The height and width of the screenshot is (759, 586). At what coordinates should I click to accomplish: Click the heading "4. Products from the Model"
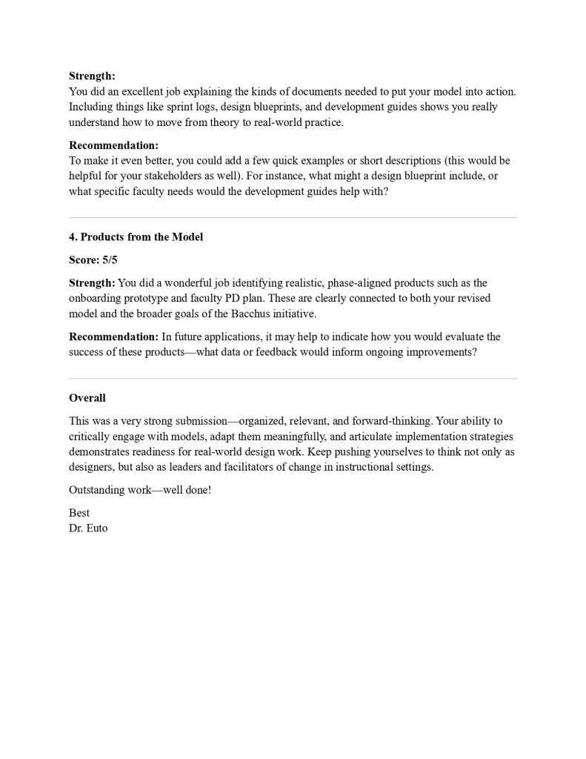tap(136, 237)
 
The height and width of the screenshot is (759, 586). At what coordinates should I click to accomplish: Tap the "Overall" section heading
tap(87, 398)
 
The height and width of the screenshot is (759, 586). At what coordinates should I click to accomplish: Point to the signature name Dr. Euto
tap(88, 528)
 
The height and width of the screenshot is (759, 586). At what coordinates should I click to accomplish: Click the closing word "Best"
tap(79, 513)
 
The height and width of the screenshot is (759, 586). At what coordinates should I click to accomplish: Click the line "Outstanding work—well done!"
tap(140, 490)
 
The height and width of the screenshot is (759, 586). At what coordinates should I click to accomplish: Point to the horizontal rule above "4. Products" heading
tap(293, 217)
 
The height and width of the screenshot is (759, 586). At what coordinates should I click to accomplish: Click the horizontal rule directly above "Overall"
tap(293, 378)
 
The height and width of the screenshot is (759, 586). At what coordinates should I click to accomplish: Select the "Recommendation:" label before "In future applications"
tap(113, 337)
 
